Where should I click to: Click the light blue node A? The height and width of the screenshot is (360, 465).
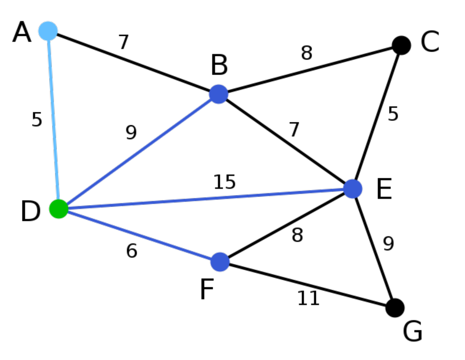tap(48, 31)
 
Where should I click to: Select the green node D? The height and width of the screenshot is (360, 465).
tap(59, 209)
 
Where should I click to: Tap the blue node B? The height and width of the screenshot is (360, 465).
tap(218, 94)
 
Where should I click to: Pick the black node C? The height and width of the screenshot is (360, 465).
tap(401, 45)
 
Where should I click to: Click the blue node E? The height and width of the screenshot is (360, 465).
tap(353, 189)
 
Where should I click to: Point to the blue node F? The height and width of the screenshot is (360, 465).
tap(220, 262)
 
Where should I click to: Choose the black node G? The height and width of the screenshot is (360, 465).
tap(395, 308)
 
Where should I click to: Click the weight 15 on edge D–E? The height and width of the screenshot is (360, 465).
tap(225, 182)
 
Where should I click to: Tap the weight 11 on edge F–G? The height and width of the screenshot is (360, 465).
tap(308, 299)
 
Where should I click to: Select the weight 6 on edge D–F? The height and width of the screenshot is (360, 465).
tap(132, 251)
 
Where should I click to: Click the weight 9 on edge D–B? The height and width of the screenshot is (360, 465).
tap(131, 133)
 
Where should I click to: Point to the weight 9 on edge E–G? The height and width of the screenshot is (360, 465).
tap(388, 244)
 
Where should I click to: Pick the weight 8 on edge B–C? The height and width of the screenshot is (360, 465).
tap(306, 54)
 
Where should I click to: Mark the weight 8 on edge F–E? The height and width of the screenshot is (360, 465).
tap(297, 235)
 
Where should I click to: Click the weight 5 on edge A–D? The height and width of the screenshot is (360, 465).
tap(37, 120)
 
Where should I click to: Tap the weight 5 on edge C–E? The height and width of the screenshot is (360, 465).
tap(393, 114)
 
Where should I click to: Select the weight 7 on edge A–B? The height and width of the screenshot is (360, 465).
tap(124, 43)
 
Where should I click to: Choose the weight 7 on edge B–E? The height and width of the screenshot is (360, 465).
tap(294, 130)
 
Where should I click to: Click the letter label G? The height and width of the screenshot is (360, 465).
tap(413, 332)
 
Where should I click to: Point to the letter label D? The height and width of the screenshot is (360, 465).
tap(30, 212)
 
